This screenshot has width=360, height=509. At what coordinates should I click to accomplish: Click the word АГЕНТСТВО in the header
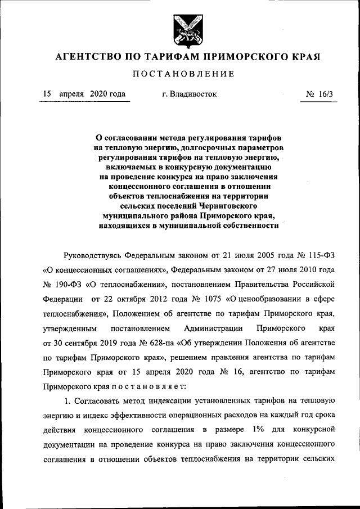(x=85, y=57)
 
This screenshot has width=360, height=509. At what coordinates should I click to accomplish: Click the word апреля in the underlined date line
(x=71, y=94)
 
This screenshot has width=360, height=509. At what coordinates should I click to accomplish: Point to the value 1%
(x=258, y=430)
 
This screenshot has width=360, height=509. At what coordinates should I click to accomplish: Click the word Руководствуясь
(x=94, y=254)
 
